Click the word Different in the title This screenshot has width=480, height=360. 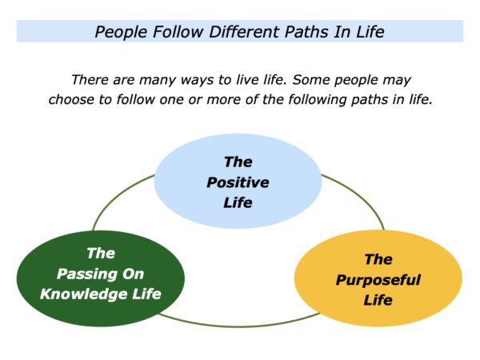pos(244,32)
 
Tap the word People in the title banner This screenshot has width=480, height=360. pos(122,33)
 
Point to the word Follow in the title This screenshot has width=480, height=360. pos(178,32)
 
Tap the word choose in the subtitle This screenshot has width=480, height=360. pos(71,100)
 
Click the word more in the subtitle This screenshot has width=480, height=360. pos(223,101)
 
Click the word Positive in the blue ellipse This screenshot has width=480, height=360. pos(238,182)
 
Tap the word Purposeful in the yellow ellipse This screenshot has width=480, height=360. pos(378,280)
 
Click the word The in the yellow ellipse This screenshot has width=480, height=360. pos(378,259)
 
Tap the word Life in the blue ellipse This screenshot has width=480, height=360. pos(238,202)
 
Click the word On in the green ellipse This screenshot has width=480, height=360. pos(133,274)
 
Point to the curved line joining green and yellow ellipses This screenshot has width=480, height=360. pos(238,326)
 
